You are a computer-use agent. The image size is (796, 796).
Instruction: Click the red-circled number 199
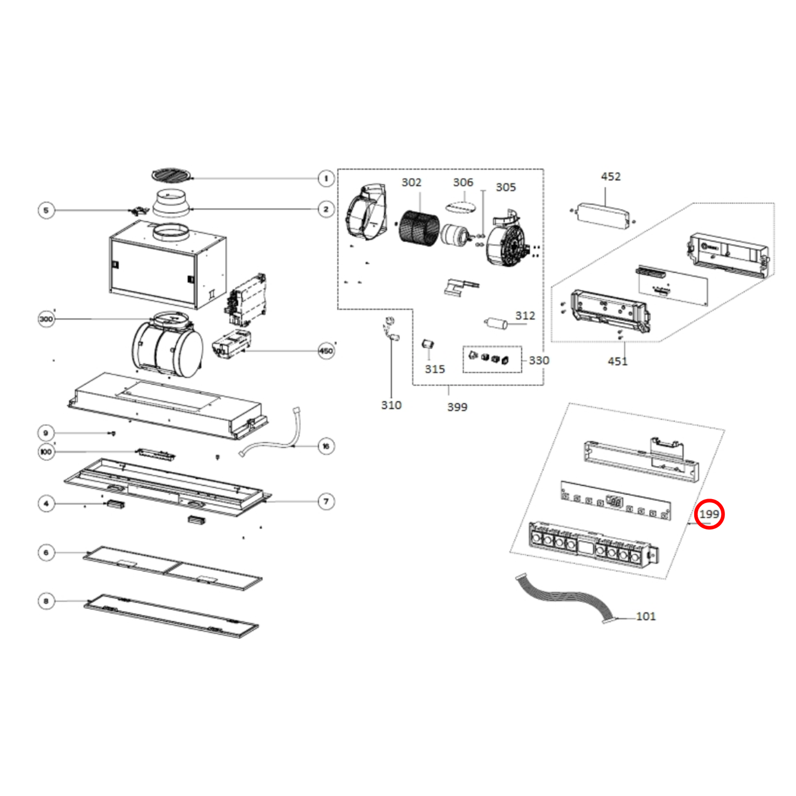709,514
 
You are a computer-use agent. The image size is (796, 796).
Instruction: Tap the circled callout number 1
326,178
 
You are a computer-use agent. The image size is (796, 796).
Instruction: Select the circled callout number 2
326,209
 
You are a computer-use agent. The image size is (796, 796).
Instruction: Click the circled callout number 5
46,210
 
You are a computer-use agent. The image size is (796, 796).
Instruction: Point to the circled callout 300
46,319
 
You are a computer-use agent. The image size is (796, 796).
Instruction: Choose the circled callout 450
326,351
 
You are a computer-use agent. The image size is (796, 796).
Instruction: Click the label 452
610,177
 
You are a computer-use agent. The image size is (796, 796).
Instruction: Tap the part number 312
524,316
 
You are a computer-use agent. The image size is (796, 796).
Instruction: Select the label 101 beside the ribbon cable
646,616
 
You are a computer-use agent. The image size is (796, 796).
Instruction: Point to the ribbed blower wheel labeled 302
419,227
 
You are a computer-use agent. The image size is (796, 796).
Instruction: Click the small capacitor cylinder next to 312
496,323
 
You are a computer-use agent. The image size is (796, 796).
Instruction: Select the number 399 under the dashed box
457,407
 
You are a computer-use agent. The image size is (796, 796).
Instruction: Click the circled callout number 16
326,446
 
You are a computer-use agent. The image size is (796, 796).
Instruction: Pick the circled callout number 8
46,601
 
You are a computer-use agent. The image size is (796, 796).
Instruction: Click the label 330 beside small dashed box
538,360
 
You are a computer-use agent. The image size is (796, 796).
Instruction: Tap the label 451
617,361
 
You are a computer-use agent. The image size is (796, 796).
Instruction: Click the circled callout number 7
326,501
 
